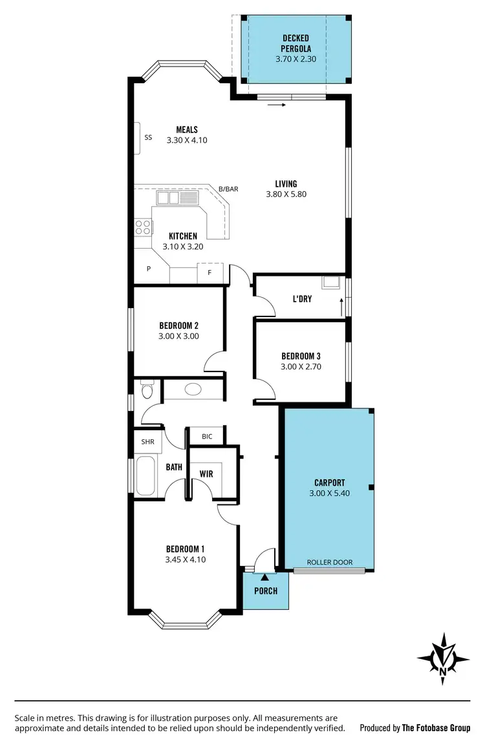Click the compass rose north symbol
[444, 658]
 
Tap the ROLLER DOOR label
[330, 562]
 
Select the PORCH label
[266, 591]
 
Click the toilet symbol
[146, 390]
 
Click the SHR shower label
[147, 442]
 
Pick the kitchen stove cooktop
[142, 227]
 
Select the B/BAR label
[228, 189]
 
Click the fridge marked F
[209, 273]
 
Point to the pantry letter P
[148, 269]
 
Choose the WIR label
[206, 473]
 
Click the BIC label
[207, 437]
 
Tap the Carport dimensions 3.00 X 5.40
[330, 493]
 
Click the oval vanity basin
[193, 390]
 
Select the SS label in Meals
[148, 137]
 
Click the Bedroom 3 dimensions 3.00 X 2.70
[301, 366]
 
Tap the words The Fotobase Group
[436, 728]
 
